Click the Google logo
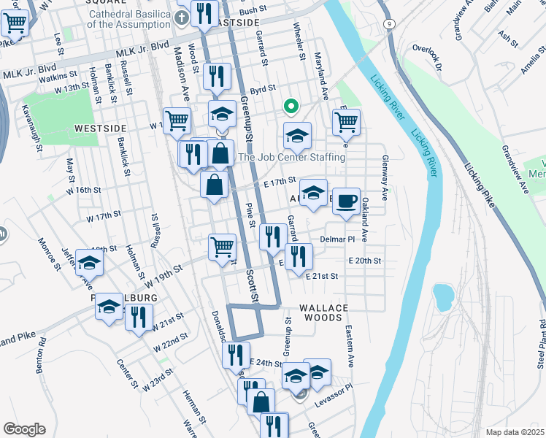[x=24, y=429]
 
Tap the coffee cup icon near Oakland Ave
[x=346, y=200]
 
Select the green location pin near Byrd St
[x=290, y=107]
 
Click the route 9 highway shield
[x=391, y=24]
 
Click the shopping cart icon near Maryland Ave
[x=346, y=121]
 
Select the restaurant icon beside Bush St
[x=203, y=12]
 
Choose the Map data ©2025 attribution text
[x=515, y=431]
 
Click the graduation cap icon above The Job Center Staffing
[x=297, y=135]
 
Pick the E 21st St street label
[x=322, y=277]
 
